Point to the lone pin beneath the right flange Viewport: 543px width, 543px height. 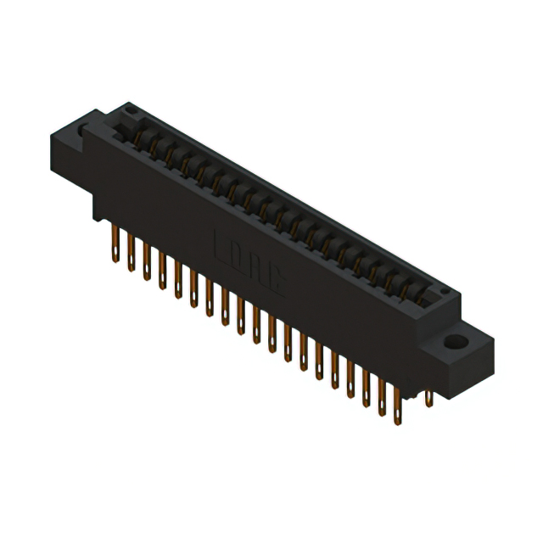click(429, 399)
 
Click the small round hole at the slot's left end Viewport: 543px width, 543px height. click(129, 109)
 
